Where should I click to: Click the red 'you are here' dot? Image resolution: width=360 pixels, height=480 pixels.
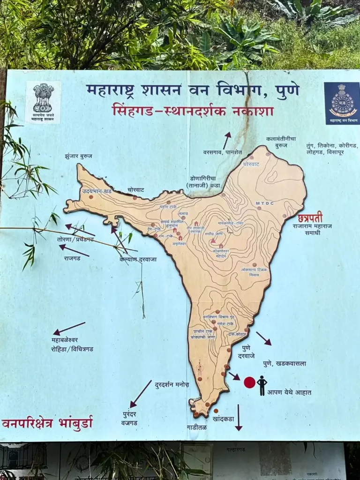249,382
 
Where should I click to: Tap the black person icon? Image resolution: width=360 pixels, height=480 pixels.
262,385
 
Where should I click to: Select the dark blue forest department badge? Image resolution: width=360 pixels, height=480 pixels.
342,104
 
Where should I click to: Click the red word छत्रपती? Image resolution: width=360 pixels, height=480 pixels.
310,217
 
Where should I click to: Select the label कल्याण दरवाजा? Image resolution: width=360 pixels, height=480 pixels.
138,259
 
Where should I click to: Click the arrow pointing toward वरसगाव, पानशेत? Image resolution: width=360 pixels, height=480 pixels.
227,140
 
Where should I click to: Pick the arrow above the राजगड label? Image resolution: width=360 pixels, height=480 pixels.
74,250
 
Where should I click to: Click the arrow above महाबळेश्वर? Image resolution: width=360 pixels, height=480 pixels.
69,328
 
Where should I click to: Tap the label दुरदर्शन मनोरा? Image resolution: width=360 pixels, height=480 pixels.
172,384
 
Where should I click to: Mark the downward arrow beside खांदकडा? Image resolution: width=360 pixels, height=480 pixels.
239,417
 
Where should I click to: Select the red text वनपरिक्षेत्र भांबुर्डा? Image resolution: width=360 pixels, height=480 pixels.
47,423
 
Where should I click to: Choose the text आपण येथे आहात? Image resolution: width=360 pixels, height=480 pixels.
289,392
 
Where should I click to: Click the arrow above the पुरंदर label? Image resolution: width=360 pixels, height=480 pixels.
141,394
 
